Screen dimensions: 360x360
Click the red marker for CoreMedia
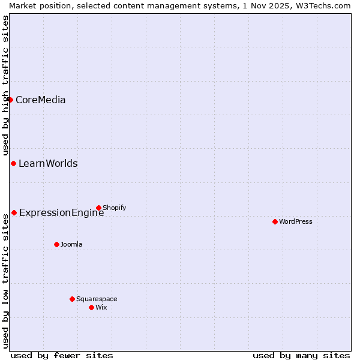[11, 100]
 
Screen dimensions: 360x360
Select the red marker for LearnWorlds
[13, 164]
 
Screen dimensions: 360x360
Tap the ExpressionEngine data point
[14, 212]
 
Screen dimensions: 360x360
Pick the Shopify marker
[98, 208]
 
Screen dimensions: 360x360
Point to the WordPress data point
[275, 221]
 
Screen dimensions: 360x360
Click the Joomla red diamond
[56, 244]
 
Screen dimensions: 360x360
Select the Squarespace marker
[72, 299]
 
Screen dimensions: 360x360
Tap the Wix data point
[91, 307]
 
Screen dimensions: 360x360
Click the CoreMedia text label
[40, 100]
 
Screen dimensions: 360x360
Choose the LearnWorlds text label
[48, 164]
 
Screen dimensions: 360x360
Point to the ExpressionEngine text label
[61, 212]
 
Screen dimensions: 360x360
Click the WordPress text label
[295, 221]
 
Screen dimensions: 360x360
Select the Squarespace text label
[97, 299]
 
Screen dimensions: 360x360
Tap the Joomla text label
[71, 244]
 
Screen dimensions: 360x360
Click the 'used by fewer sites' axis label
[62, 355]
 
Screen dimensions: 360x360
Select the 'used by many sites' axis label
[301, 355]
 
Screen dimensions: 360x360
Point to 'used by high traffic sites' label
[5, 85]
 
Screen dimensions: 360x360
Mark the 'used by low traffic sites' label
[5, 281]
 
